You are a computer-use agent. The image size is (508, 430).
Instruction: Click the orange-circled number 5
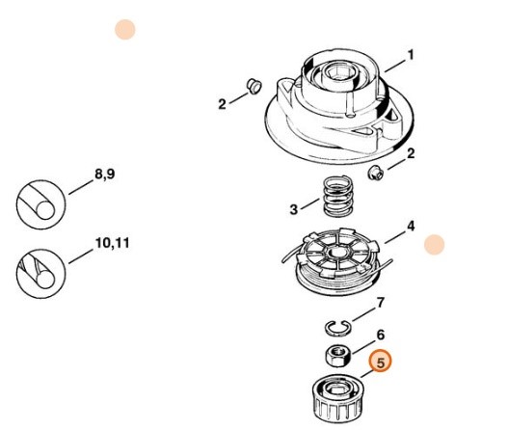380,363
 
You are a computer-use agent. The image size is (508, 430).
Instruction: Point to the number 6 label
380,334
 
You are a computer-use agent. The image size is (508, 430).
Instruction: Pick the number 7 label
380,302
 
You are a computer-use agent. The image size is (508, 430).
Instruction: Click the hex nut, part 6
336,355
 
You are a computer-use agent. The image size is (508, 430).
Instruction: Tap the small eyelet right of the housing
377,172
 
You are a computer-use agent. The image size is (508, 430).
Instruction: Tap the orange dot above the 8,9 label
124,29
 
